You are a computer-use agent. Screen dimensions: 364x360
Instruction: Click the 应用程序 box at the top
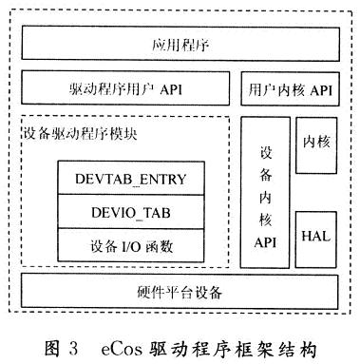[178, 44]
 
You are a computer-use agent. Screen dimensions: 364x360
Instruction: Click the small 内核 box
[315, 143]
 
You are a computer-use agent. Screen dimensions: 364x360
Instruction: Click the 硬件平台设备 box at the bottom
[178, 291]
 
